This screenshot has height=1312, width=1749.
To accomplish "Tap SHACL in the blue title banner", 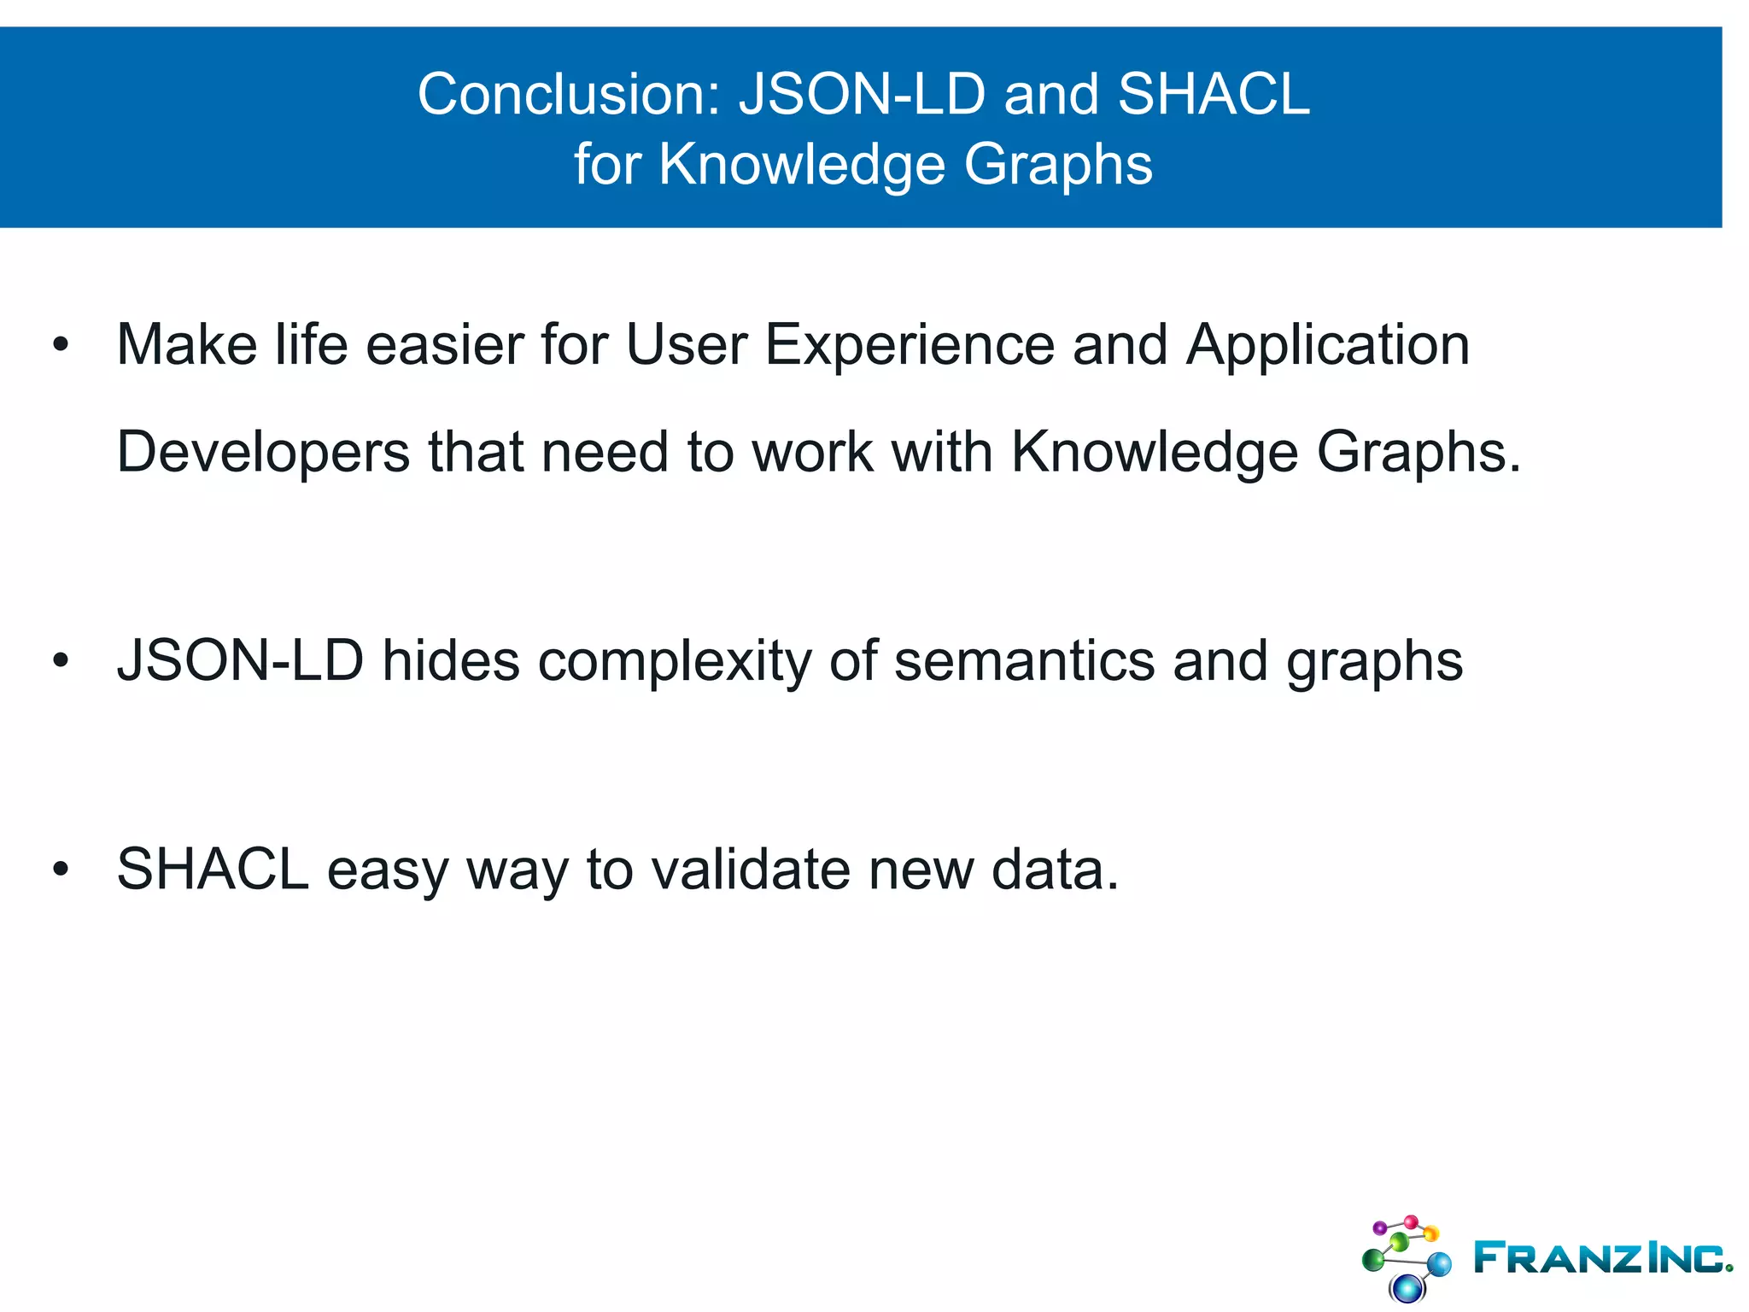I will [x=1214, y=94].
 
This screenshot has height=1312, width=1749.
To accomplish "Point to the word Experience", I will [x=909, y=345].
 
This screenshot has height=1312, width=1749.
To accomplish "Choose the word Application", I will [x=1327, y=345].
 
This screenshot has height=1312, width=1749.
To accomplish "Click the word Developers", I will [x=263, y=453].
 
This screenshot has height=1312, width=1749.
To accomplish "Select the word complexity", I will [x=674, y=661].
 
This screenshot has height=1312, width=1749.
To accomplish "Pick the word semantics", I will [x=1024, y=661].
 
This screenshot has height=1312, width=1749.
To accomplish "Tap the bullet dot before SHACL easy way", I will [x=60, y=870].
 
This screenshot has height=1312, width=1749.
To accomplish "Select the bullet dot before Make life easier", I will [x=60, y=345].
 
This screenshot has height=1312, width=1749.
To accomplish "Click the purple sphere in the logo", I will [x=1379, y=1227].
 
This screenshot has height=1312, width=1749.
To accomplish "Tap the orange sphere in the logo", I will [x=1430, y=1233].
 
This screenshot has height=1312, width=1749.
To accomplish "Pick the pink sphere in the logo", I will [x=1411, y=1221].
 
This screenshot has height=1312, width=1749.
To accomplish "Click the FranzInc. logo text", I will [x=1601, y=1257].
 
